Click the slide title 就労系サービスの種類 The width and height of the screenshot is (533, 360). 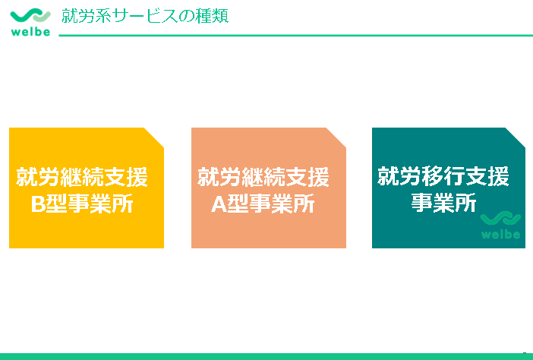pos(144,16)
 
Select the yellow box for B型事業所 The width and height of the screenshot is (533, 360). pos(86,220)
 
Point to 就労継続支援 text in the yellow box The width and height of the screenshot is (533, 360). pos(82,178)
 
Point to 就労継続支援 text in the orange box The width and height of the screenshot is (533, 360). pos(263,178)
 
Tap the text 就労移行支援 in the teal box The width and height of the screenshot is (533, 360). pos(443,176)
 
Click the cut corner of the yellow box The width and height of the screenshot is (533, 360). pos(155,137)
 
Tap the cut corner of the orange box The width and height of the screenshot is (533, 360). pos(337,137)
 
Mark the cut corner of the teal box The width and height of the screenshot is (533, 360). pos(516,137)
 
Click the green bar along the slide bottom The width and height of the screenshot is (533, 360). pos(266,356)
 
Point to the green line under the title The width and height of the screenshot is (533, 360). pos(296,35)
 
